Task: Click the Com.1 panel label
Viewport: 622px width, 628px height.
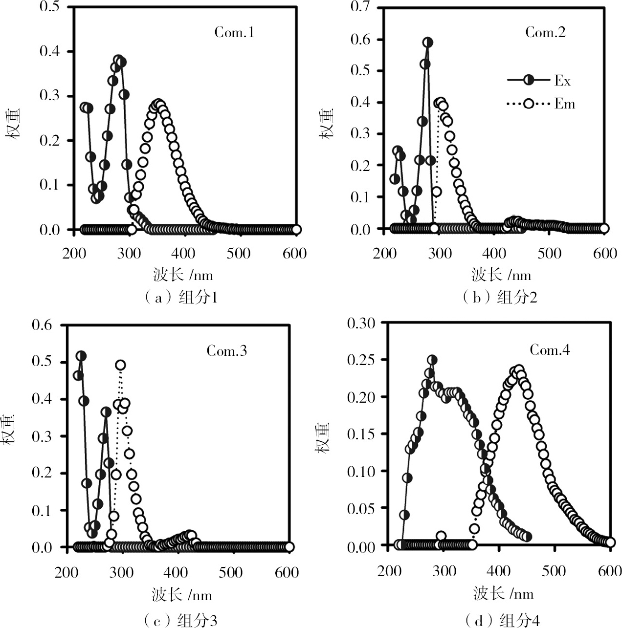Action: point(234,33)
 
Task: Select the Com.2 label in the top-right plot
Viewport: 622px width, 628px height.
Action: point(545,32)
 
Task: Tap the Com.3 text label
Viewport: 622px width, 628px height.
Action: point(226,350)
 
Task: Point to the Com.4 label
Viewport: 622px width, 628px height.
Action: point(550,350)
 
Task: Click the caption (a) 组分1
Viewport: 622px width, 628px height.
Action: point(180,297)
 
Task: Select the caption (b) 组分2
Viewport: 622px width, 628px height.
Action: point(499,297)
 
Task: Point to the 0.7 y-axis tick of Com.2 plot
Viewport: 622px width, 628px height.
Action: point(360,7)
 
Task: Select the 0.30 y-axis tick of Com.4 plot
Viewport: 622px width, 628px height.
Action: point(361,323)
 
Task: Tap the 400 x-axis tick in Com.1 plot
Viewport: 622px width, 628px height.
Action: point(184,253)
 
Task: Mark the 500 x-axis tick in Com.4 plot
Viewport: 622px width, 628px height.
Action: point(555,571)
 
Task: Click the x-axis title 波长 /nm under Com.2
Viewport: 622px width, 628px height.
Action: point(501,275)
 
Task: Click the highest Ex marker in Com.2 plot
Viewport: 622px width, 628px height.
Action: point(428,43)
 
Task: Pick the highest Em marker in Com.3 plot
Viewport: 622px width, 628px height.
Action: point(120,365)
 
